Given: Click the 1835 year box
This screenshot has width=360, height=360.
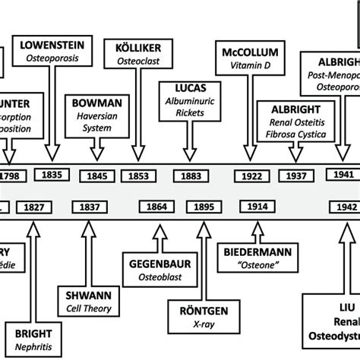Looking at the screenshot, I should click(x=52, y=175).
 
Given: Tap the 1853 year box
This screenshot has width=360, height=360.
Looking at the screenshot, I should click(x=138, y=175).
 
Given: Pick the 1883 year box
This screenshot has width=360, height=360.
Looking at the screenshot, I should click(x=190, y=175).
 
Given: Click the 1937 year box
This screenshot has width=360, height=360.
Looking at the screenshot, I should click(x=295, y=175).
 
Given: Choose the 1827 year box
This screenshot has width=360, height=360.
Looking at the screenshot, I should click(x=33, y=207).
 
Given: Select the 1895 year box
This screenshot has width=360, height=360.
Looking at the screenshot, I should click(x=204, y=207).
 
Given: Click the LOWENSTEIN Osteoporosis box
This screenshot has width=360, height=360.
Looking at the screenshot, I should click(x=53, y=52).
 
